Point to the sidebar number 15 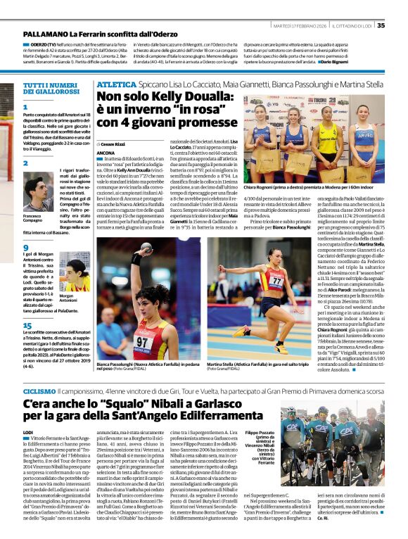click(27, 325)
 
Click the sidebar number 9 click(25, 248)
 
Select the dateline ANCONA click(106, 153)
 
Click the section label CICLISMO click(39, 390)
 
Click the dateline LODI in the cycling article click(28, 431)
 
